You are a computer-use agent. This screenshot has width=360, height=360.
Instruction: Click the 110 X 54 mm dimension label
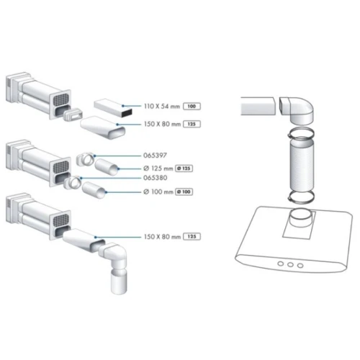coord(162,106)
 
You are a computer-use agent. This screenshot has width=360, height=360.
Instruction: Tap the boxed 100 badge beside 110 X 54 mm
coord(192,106)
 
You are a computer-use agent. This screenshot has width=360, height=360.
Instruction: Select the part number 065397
coord(155,156)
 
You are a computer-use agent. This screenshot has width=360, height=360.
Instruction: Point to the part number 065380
coord(156,178)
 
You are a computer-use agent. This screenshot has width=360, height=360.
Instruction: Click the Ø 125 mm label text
coord(158,168)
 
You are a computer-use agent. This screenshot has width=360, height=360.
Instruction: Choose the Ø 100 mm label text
coord(158,192)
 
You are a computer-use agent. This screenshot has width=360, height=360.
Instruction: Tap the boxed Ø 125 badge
coord(184,168)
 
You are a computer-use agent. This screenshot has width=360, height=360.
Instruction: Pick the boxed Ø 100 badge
coord(184,192)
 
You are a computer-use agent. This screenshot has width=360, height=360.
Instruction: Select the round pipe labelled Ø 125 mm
coord(107,167)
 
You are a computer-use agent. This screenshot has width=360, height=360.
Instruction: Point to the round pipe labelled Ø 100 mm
coord(94,190)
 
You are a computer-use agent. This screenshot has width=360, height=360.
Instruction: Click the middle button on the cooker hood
coord(290,265)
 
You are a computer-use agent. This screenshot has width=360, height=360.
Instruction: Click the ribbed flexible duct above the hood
coord(301,166)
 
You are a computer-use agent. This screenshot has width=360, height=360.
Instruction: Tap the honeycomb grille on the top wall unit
coord(60,99)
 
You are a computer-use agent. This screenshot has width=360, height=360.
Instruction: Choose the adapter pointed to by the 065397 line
coord(86,159)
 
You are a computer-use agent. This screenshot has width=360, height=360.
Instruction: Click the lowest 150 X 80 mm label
coord(162,237)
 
